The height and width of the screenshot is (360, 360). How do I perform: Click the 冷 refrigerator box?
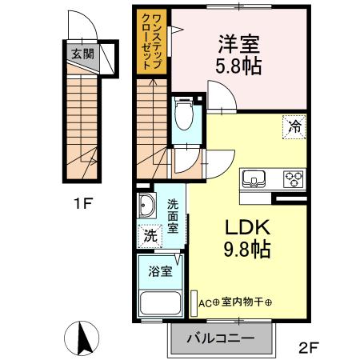(x=294, y=126)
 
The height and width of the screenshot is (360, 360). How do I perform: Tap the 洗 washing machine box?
(x=150, y=236)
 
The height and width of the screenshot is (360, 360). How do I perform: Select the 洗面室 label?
(x=173, y=215)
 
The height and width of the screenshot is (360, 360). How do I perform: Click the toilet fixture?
(x=182, y=113)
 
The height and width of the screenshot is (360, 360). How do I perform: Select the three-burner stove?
(x=292, y=178)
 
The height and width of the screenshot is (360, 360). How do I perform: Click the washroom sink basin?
(x=148, y=208)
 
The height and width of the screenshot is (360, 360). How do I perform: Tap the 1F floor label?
(x=82, y=203)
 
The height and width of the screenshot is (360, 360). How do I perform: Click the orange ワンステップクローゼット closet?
(x=150, y=43)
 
